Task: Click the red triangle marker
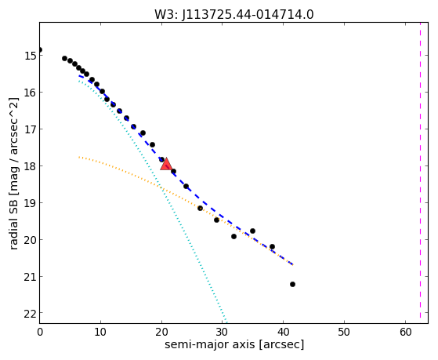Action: (166, 164)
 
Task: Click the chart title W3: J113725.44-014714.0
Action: (234, 14)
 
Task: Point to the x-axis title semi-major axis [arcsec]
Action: (234, 344)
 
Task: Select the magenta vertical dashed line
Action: (420, 173)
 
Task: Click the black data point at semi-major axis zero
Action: (40, 49)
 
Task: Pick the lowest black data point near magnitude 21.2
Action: (292, 284)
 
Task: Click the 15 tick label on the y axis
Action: (31, 56)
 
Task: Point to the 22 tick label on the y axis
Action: (31, 314)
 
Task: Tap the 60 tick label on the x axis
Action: (405, 333)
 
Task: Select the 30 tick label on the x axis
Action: (223, 333)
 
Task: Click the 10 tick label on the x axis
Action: (100, 333)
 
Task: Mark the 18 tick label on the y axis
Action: (31, 165)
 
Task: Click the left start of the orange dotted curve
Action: (79, 157)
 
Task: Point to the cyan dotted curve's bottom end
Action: (226, 322)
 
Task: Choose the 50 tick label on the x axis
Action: (344, 333)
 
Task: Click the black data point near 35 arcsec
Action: (252, 231)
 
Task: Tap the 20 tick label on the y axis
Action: (31, 240)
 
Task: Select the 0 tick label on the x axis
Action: (40, 333)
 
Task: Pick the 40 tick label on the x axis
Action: (283, 333)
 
